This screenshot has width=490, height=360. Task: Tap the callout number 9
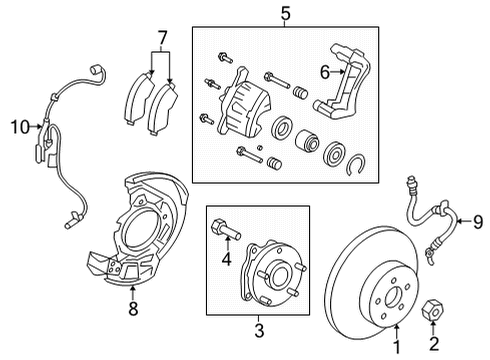tap(477, 222)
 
